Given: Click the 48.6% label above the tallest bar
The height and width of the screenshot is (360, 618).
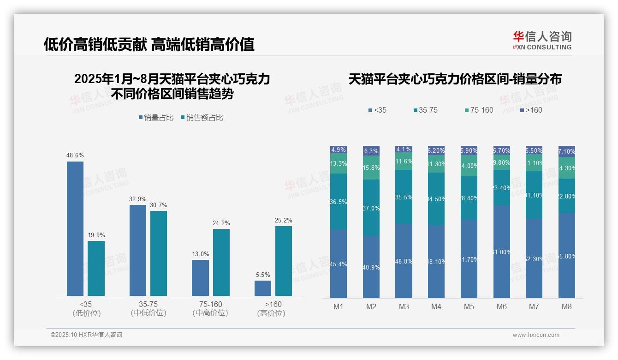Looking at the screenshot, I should (75, 156).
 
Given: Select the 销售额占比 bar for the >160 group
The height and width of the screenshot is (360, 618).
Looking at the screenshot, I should (284, 261).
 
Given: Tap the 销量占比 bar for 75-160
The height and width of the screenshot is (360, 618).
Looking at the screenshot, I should (200, 277).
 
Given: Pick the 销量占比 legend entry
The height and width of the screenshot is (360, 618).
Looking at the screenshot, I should (156, 118).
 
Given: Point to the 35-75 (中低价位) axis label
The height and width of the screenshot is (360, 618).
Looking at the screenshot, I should (148, 308).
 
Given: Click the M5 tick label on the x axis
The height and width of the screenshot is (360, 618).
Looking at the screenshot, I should (469, 306).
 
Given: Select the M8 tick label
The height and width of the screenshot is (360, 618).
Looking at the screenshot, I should (567, 306).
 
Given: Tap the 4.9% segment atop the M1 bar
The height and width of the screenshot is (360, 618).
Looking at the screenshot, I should (339, 150).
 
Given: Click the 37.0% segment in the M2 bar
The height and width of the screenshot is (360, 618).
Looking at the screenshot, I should (371, 208).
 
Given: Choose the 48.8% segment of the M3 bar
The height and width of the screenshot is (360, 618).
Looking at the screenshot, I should (404, 261).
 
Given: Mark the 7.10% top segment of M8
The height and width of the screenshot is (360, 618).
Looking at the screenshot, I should (567, 151).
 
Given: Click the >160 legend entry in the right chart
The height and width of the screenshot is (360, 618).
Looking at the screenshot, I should (531, 110).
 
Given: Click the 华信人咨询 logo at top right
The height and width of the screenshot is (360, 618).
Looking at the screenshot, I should (542, 40).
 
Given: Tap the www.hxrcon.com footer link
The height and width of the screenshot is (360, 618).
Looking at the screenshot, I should (536, 335).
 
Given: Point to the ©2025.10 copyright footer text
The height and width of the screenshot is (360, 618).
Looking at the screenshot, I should (86, 335).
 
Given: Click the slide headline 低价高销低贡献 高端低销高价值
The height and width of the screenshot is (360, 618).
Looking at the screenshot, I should (149, 44).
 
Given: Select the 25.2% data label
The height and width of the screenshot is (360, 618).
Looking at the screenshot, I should (284, 220).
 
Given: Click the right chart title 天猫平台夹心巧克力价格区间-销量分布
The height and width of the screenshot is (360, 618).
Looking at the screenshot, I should (455, 79).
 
